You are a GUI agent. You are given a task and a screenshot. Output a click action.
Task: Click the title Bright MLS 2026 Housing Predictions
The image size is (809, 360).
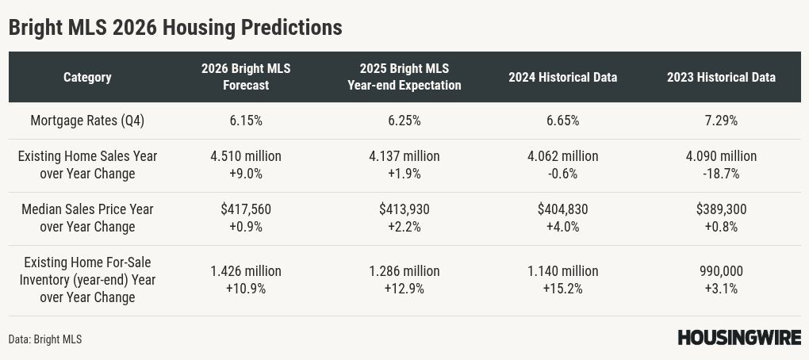(x=175, y=27)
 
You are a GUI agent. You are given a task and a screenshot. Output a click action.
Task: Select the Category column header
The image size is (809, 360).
(x=87, y=77)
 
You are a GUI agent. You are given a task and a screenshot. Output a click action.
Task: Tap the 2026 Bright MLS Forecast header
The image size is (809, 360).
(x=246, y=77)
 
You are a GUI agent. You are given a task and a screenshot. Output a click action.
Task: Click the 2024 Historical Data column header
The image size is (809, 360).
(x=562, y=77)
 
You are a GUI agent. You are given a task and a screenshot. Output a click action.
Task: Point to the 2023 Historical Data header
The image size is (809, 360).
(x=721, y=77)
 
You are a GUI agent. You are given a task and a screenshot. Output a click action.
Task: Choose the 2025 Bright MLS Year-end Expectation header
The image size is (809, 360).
(x=404, y=77)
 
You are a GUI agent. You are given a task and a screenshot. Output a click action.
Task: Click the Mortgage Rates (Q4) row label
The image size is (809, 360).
(x=87, y=121)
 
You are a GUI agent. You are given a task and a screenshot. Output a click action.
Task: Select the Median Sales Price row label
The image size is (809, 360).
(x=87, y=218)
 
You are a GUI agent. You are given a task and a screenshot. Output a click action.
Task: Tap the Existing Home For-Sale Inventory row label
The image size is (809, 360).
(x=87, y=280)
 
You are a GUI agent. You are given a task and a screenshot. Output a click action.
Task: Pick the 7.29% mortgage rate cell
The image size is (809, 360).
(x=721, y=121)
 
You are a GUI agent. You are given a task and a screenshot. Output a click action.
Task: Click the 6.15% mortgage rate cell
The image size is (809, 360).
(x=246, y=121)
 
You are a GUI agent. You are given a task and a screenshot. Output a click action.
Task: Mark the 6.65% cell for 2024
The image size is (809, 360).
(x=562, y=121)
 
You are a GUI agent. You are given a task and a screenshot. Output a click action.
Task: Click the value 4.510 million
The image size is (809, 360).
(x=246, y=156)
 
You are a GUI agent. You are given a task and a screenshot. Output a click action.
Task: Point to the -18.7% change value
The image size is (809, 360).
(x=721, y=174)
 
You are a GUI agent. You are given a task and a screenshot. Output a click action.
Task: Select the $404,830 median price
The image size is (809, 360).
(x=562, y=209)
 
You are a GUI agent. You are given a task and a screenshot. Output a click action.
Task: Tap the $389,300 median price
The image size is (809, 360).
(x=721, y=209)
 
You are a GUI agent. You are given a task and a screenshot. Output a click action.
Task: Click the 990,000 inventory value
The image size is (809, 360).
(x=721, y=271)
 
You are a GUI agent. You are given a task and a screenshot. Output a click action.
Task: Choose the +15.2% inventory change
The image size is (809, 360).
(x=562, y=289)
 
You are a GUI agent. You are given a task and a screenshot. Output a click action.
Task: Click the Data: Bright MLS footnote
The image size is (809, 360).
(x=45, y=339)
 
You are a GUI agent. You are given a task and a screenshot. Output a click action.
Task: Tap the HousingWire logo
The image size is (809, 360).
(x=738, y=338)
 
